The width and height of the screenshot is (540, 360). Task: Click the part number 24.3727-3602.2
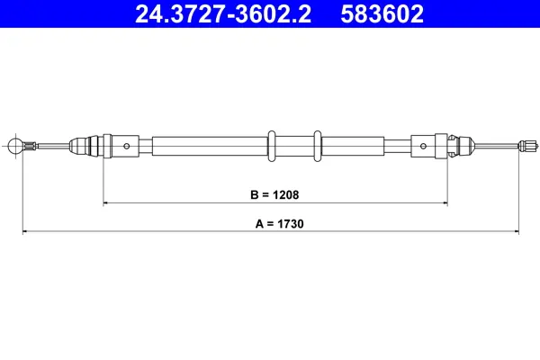pos(225,14)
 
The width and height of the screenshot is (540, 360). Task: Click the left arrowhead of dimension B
pos(107,204)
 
